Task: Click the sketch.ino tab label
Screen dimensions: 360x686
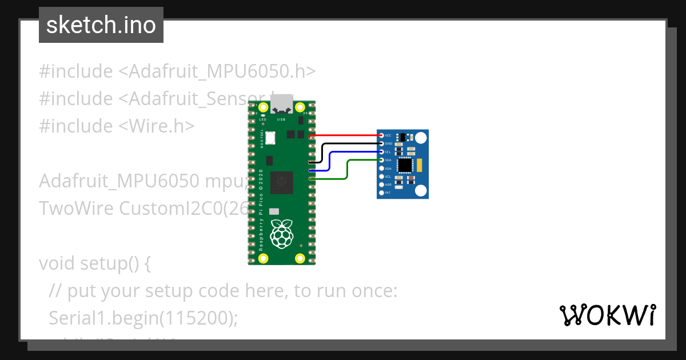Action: pos(101,25)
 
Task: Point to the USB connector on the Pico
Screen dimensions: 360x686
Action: pos(281,105)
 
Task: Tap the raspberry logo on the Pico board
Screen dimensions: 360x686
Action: pos(281,235)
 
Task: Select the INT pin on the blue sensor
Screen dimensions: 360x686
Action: pos(381,193)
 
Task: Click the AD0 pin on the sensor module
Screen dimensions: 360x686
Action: pos(381,185)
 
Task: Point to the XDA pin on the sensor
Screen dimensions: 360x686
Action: pos(381,169)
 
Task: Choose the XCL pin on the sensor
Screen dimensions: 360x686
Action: pos(381,177)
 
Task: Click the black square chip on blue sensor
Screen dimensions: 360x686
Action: pos(405,165)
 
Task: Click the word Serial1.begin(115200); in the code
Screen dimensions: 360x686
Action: pos(143,319)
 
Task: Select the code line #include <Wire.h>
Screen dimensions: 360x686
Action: pos(117,126)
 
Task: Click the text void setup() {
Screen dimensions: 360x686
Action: pos(95,264)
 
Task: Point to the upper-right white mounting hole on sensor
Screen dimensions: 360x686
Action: pos(421,138)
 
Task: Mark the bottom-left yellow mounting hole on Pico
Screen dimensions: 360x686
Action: pos(264,258)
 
